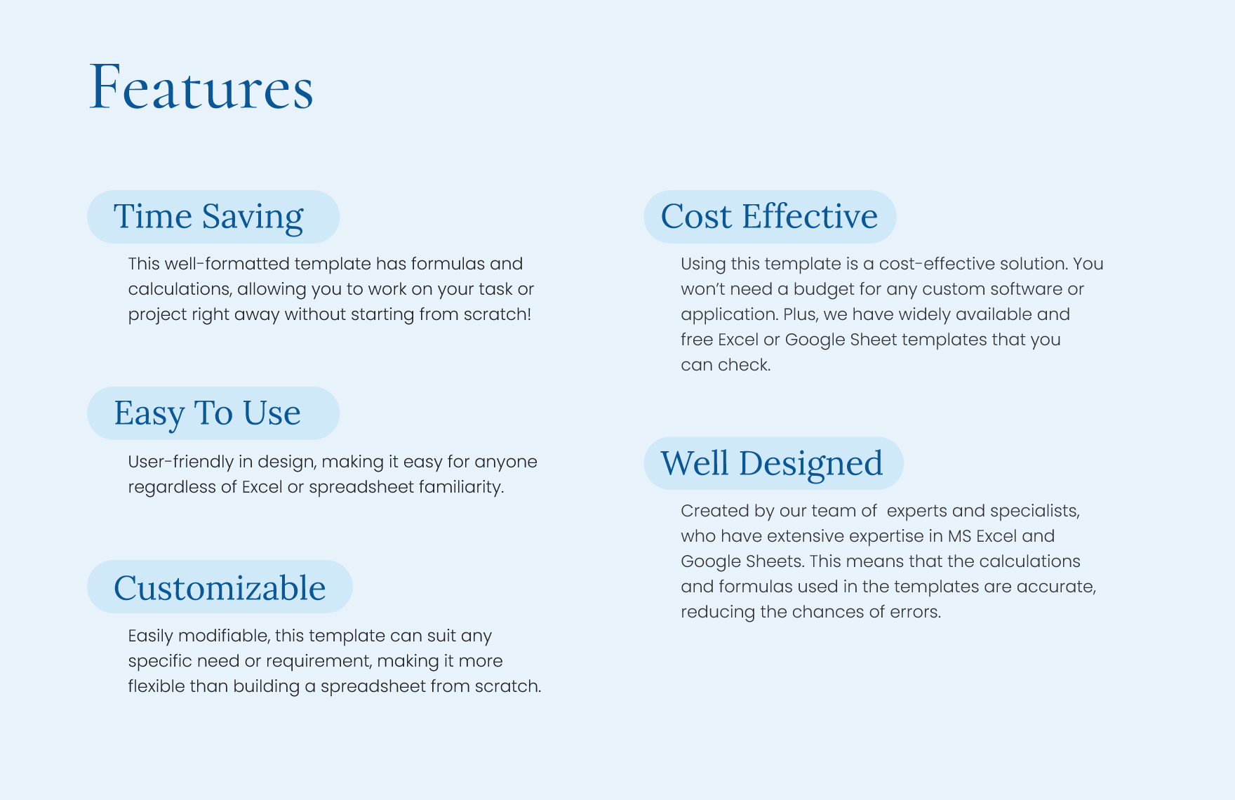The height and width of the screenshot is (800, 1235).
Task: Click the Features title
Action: click(201, 87)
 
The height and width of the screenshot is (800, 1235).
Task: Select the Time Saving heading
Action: click(208, 216)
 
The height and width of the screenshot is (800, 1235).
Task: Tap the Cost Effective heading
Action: click(769, 216)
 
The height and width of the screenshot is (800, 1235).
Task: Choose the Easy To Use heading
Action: click(208, 413)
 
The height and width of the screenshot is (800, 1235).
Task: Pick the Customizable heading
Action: click(220, 588)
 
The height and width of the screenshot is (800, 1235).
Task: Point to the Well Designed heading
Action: click(772, 463)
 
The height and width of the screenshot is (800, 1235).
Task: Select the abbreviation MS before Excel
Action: click(959, 536)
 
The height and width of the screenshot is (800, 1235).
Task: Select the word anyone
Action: click(506, 462)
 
